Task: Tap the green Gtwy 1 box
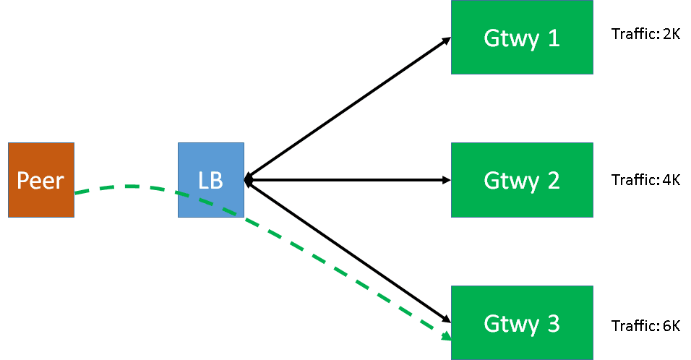pyautogui.click(x=522, y=37)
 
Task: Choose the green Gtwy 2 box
pyautogui.click(x=522, y=180)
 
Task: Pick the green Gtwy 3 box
pyautogui.click(x=522, y=322)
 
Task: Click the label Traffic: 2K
pyautogui.click(x=645, y=34)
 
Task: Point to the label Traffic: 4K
pyautogui.click(x=645, y=180)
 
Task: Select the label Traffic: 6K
pyautogui.click(x=645, y=325)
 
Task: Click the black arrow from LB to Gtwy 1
pyautogui.click(x=347, y=109)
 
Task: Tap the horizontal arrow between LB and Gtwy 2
pyautogui.click(x=347, y=180)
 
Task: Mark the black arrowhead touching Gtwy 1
pyautogui.click(x=447, y=40)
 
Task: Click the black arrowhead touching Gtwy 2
pyautogui.click(x=446, y=180)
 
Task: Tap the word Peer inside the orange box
pyautogui.click(x=40, y=180)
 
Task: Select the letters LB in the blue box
pyautogui.click(x=210, y=180)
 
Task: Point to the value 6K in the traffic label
pyautogui.click(x=670, y=325)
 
